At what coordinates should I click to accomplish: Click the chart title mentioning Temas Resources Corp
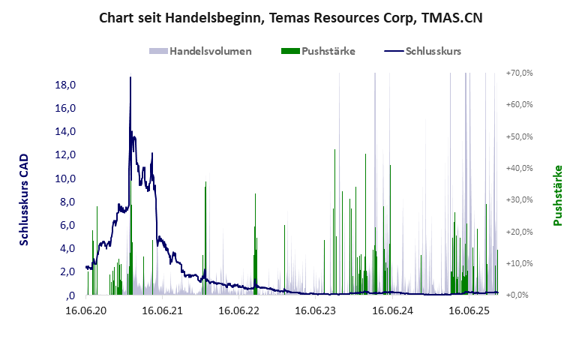(289, 17)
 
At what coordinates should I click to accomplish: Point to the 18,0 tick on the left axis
(67, 85)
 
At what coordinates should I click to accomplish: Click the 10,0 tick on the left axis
(67, 178)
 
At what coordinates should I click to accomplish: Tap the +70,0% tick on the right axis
(519, 73)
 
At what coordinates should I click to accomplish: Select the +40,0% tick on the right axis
(519, 168)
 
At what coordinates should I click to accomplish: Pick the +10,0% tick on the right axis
(519, 263)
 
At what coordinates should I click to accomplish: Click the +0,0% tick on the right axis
(520, 295)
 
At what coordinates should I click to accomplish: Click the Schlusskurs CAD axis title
(25, 199)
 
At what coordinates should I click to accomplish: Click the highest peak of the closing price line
(130, 78)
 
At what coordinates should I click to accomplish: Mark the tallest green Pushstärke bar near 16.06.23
(334, 150)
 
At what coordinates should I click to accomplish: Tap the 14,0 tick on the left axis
(67, 131)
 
